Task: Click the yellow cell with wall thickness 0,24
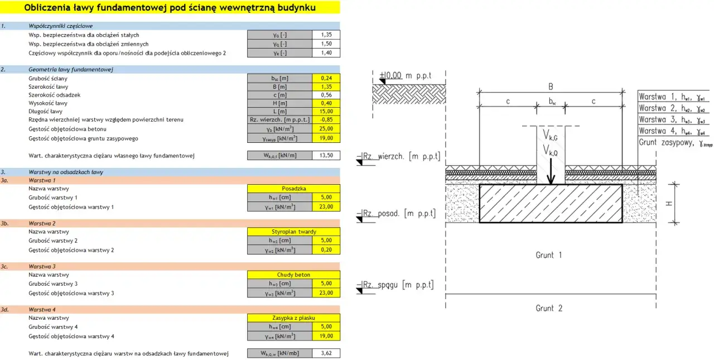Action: coord(326,78)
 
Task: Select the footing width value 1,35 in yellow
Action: coord(326,87)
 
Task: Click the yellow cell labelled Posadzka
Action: coord(293,189)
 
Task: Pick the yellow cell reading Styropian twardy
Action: coord(293,232)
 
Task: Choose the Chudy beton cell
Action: coord(293,275)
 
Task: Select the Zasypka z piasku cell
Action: coord(293,318)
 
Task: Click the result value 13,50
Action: coord(326,156)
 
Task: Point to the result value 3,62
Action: coord(326,353)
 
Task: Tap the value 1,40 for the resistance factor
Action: coord(326,52)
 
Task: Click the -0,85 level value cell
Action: coord(326,119)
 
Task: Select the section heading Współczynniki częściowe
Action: coord(61,26)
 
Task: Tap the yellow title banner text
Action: coord(170,7)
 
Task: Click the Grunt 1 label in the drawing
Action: coord(549,255)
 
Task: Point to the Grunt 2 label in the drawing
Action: coord(549,308)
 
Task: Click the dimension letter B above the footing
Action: coord(551,87)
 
